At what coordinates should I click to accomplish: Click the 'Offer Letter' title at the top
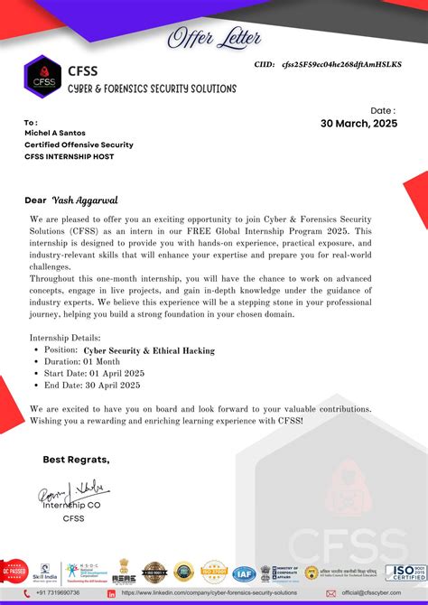(214, 38)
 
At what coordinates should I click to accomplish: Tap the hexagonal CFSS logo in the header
(42, 76)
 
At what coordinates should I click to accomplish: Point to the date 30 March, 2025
(358, 124)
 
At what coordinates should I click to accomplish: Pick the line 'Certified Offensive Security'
(79, 144)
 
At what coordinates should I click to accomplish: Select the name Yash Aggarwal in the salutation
(87, 199)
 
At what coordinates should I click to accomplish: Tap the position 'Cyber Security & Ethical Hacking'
(149, 349)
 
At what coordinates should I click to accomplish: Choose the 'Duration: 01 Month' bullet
(80, 361)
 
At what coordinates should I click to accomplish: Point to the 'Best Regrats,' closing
(77, 460)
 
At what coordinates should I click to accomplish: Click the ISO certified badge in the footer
(405, 572)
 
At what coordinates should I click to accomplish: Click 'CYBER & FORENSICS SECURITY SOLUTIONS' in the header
(152, 88)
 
